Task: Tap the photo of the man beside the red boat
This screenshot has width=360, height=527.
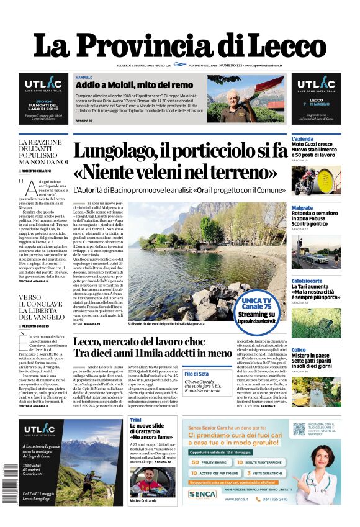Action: tap(233, 98)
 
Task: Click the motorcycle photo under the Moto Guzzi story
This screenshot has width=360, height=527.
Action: tap(316, 179)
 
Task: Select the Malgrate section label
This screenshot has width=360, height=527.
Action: tap(302, 208)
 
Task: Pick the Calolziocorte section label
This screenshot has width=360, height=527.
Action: tap(307, 280)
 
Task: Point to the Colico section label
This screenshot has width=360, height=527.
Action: tap(299, 350)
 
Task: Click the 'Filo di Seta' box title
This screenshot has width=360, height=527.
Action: tap(196, 374)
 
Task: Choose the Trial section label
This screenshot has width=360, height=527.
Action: tap(135, 420)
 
